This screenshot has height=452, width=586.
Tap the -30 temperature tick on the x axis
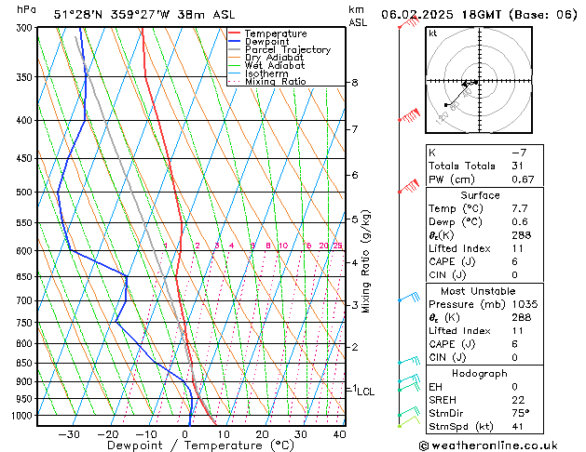(69, 433)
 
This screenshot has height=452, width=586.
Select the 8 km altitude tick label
(355, 83)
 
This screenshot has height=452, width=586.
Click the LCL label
(365, 392)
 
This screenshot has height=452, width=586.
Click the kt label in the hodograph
(432, 33)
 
